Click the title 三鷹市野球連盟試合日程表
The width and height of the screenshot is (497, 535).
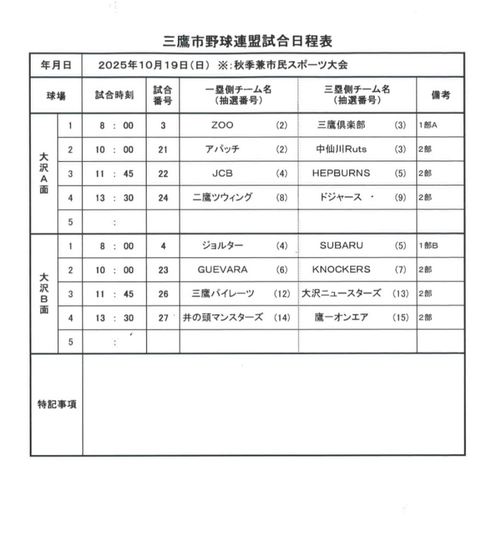248,41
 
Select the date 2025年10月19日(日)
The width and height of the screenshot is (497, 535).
154,65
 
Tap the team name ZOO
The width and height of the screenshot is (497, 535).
222,125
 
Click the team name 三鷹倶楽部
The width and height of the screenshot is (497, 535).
341,125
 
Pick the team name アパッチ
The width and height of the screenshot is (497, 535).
222,149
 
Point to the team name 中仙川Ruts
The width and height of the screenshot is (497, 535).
341,149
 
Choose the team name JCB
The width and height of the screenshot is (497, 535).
222,173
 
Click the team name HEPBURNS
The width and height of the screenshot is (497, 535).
341,173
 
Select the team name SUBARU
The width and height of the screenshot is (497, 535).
341,246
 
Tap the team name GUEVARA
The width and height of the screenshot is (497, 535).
222,270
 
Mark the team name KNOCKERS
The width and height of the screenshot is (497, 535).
341,270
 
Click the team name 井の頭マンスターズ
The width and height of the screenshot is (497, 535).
222,317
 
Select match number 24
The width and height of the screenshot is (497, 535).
163,198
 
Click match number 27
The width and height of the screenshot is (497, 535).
163,318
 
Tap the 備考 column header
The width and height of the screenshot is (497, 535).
441,95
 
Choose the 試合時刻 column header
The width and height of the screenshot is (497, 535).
114,95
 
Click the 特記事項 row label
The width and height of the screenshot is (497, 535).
56,404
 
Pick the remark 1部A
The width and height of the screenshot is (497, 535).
428,125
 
